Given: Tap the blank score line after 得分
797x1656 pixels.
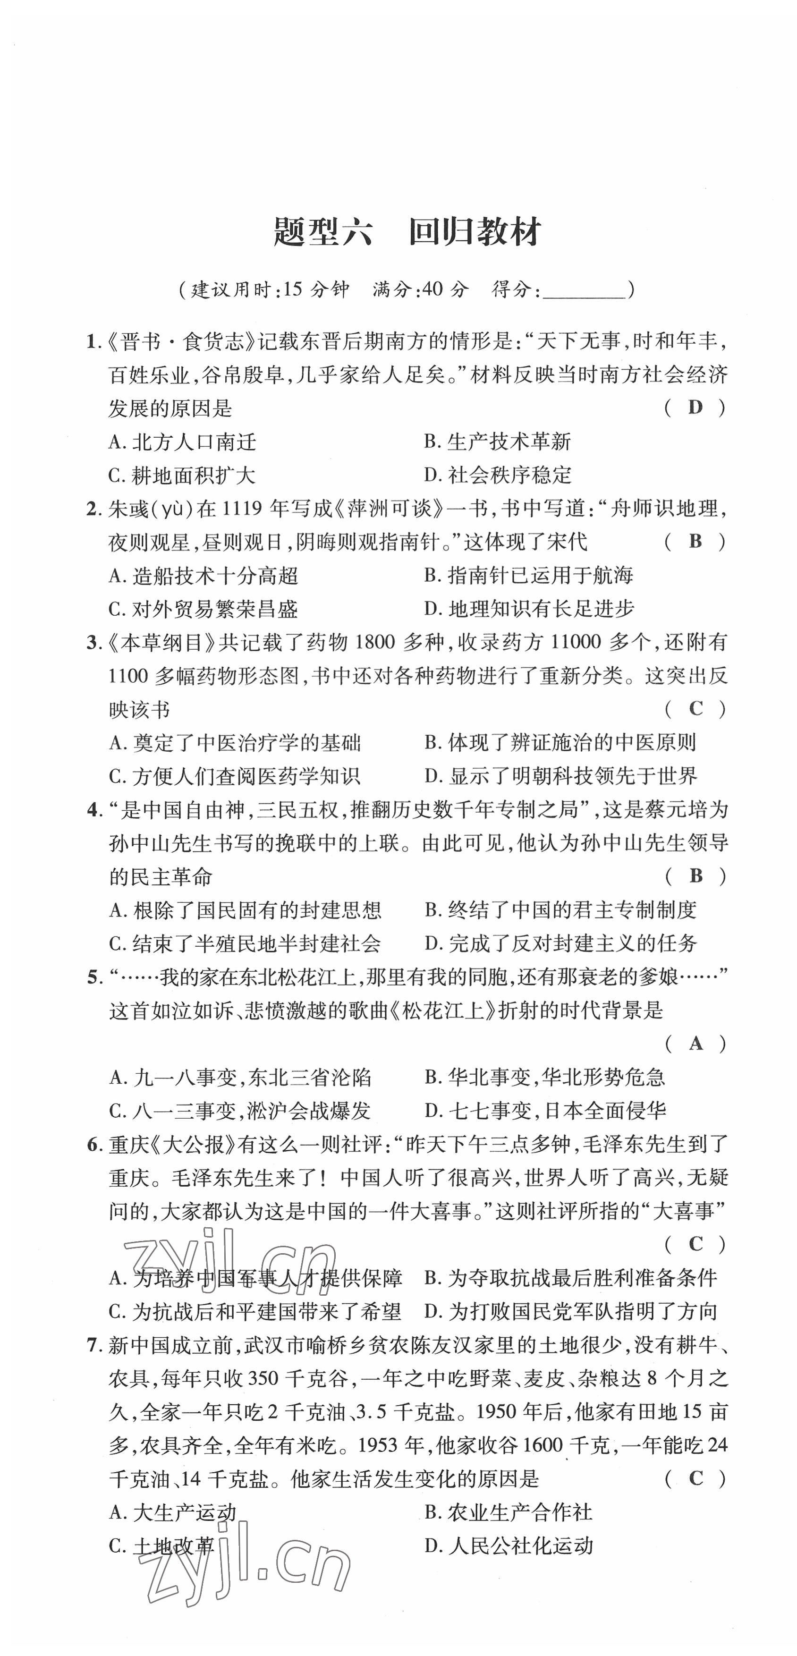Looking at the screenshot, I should click(x=584, y=290).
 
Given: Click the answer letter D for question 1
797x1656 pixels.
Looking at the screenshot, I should click(x=695, y=407).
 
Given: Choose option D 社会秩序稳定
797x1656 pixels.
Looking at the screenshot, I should click(x=498, y=476).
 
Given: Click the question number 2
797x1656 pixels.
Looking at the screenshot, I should click(x=93, y=509).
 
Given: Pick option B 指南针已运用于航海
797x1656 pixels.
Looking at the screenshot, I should click(x=528, y=575).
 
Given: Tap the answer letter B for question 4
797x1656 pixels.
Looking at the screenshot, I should click(x=695, y=875).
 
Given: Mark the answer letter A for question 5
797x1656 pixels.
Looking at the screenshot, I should click(x=695, y=1044).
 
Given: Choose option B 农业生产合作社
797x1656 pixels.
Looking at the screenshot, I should click(x=508, y=1512).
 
